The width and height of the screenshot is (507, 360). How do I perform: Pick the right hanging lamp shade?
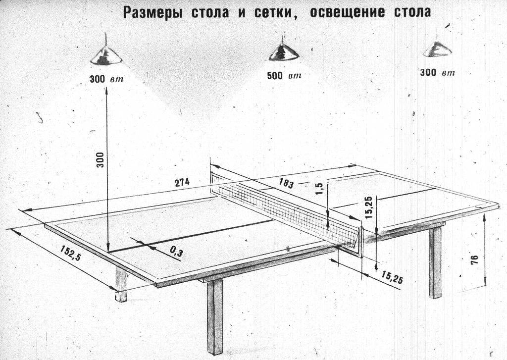[x=438, y=49]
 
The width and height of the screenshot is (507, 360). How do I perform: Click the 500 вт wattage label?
[x=284, y=76]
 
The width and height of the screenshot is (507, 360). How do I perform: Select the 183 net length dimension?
[x=286, y=184]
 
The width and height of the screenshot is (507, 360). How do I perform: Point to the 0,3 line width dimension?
[x=176, y=252]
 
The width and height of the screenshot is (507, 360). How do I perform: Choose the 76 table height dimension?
[x=474, y=260]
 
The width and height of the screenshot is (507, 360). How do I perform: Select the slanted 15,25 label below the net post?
[x=392, y=277]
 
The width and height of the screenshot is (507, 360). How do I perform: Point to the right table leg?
[x=435, y=262]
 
